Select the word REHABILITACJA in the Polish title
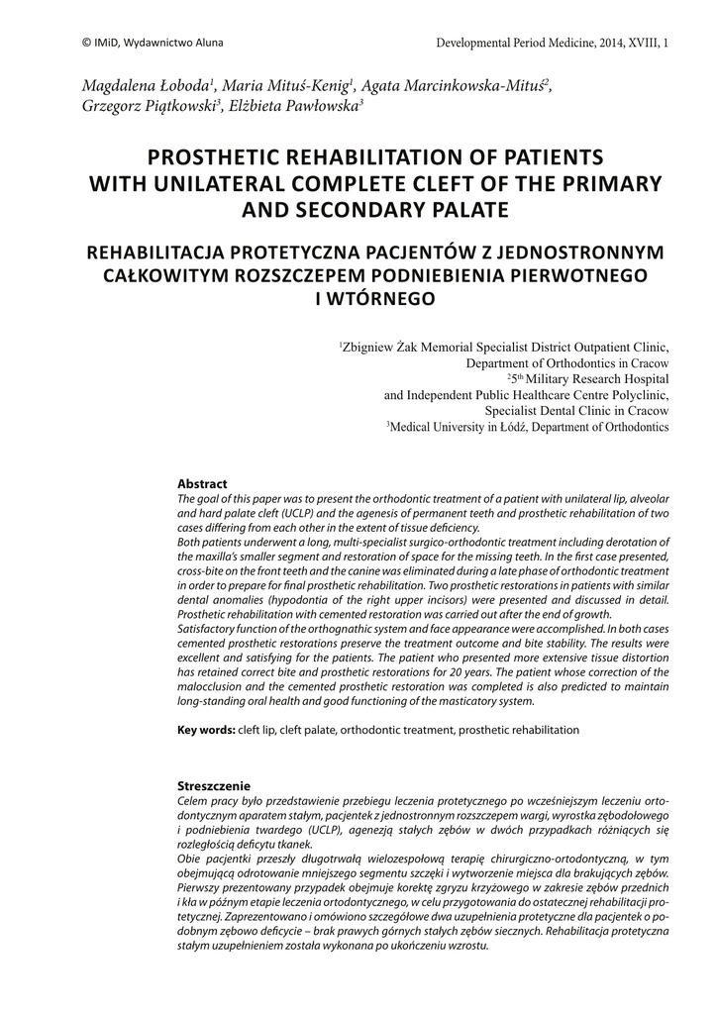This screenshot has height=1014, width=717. tap(169, 252)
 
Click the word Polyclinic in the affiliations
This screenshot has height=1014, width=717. tap(638, 394)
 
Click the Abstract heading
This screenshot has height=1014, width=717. tap(202, 484)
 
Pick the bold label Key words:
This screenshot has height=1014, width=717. tap(206, 730)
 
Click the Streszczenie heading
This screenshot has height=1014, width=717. tap(213, 785)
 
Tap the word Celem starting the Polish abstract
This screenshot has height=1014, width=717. tap(192, 799)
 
